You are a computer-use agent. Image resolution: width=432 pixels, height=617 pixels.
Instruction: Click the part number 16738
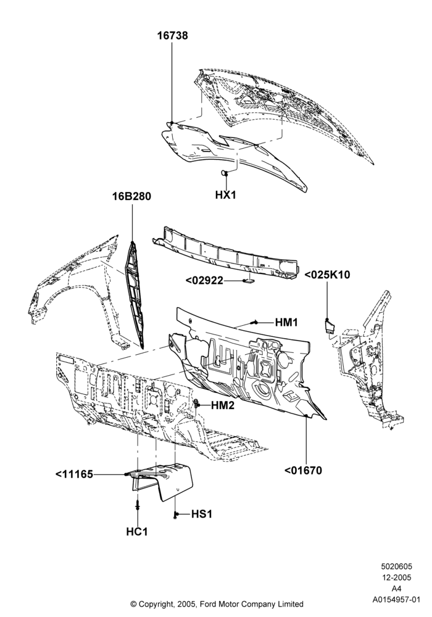[x=173, y=35]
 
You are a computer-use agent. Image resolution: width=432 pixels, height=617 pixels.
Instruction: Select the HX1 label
[x=225, y=195]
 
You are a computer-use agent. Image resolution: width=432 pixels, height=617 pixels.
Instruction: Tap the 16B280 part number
[x=132, y=196]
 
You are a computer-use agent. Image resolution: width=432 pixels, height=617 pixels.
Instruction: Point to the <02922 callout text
[x=204, y=281]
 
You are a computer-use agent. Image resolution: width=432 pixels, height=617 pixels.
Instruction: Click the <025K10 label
[x=327, y=275]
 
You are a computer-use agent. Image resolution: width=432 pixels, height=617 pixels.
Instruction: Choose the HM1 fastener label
[x=286, y=323]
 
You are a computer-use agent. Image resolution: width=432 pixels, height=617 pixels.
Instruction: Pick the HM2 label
[x=223, y=405]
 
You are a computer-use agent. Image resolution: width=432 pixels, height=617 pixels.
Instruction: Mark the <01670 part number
[x=303, y=470]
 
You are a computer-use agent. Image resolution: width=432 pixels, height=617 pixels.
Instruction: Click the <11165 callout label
[x=74, y=474]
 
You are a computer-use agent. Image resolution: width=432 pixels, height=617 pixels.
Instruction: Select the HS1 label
[x=201, y=514]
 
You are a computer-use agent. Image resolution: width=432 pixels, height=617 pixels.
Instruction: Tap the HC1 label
[x=137, y=532]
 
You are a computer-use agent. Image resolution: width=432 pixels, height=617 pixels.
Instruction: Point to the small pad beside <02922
[x=248, y=281]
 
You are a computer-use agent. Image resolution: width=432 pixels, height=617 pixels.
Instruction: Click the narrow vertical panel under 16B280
[x=134, y=294]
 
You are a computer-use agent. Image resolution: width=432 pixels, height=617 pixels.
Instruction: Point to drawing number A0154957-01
[x=396, y=600]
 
